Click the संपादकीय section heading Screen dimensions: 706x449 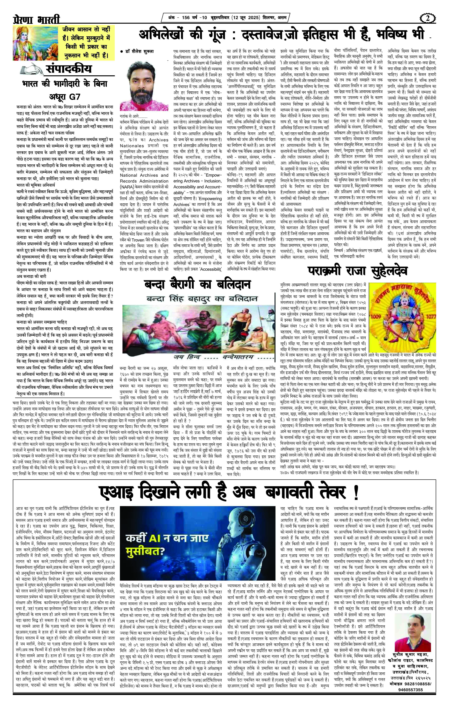(70, 69)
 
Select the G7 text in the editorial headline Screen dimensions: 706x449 (75, 97)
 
